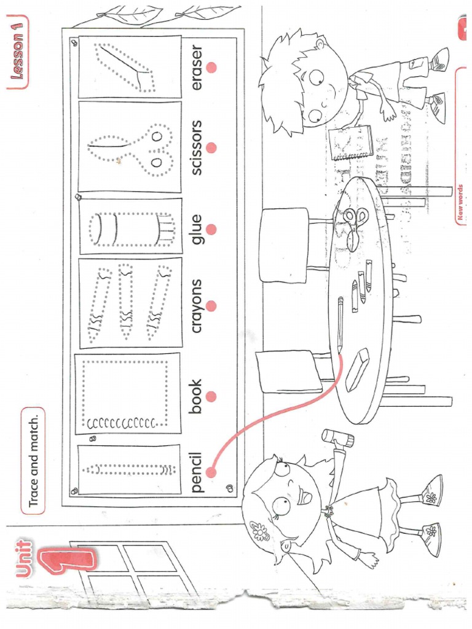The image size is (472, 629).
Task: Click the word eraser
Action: [x=197, y=67]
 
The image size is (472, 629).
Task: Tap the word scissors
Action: [x=197, y=147]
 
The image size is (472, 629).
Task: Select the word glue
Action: [x=197, y=230]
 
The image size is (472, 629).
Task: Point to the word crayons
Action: [x=197, y=305]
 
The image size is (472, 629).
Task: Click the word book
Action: [x=197, y=396]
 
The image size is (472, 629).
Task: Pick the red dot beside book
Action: [x=212, y=396]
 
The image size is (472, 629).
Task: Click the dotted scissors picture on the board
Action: [x=130, y=147]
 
